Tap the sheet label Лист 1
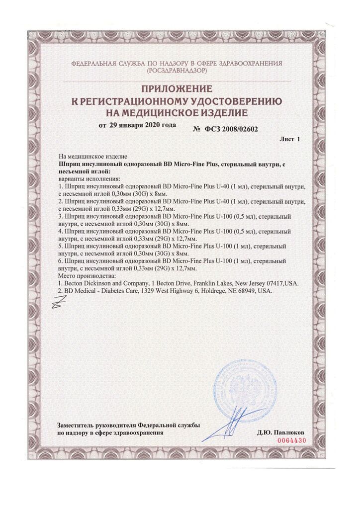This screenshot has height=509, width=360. tap(290, 140)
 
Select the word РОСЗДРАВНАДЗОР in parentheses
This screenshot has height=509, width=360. tap(177, 72)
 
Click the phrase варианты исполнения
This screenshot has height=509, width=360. tap(86, 178)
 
